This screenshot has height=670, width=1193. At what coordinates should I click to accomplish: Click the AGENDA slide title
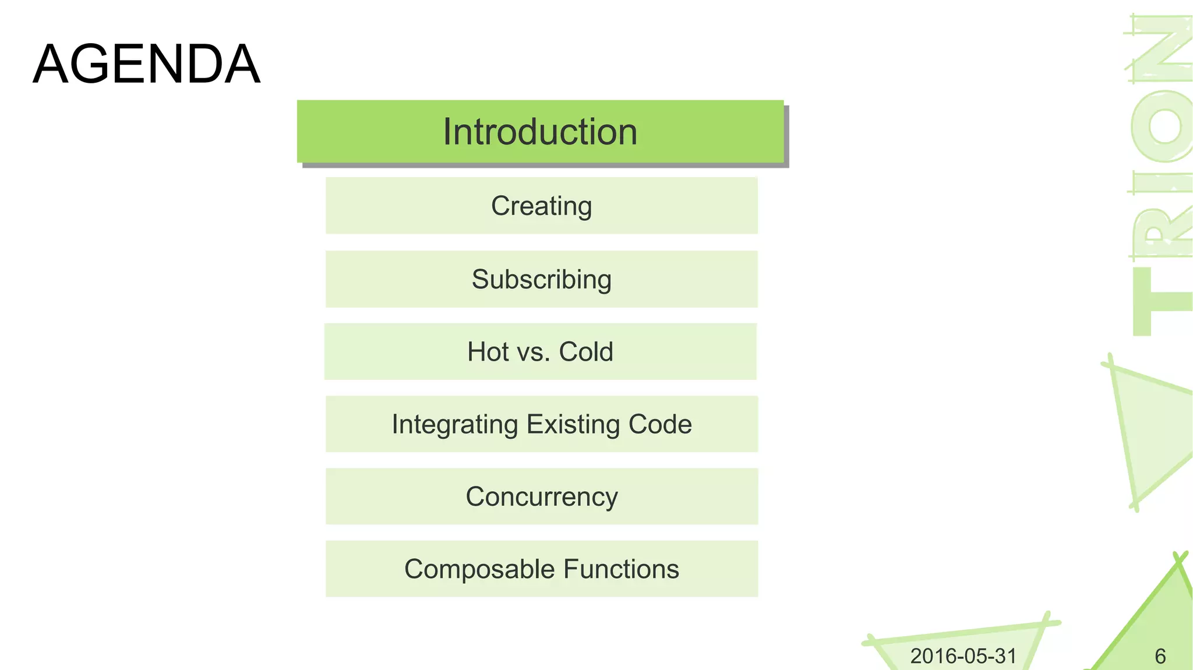point(146,64)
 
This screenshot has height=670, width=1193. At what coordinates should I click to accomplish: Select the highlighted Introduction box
point(540,132)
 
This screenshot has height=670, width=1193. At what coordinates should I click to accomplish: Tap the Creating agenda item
point(541,206)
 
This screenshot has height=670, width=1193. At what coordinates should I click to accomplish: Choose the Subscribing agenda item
point(541,279)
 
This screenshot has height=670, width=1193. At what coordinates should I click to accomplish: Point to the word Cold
point(585,352)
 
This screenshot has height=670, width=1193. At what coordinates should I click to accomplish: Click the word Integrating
point(454,425)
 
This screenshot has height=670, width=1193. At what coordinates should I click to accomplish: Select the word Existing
point(574,425)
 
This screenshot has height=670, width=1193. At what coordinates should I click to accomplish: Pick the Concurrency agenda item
point(541,497)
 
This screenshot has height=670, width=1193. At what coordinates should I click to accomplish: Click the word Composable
point(479,569)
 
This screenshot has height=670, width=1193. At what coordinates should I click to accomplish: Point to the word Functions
point(620,569)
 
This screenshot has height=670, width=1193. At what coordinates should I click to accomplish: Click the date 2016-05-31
point(963,656)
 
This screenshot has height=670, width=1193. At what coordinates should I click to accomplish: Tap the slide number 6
point(1160,657)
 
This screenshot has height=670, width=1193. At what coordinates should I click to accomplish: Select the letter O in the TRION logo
point(1162,125)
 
